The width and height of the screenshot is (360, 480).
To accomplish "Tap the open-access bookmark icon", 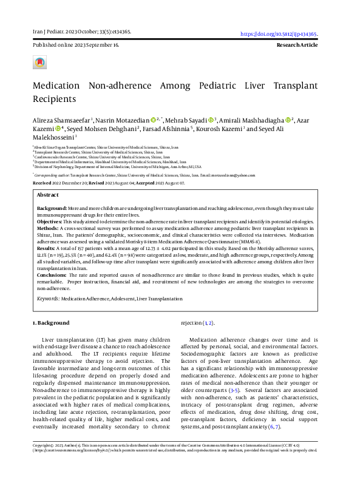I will click(39, 62).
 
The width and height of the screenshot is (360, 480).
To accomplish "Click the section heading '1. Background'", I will click(52, 323).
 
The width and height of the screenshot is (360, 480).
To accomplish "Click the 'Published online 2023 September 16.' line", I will click(75, 46).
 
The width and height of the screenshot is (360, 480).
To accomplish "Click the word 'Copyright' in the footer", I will click(43, 462).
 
